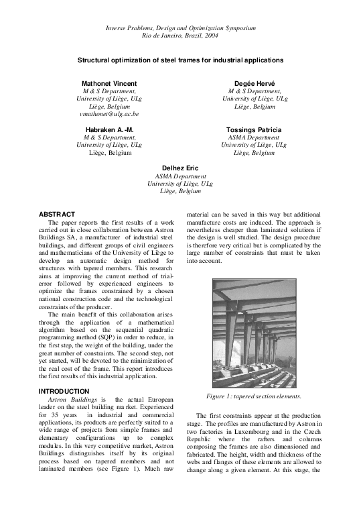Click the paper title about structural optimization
181,60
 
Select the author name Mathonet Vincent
109,82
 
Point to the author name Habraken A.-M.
109,129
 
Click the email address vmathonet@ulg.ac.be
109,115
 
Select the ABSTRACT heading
58,214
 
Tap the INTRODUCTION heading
64,391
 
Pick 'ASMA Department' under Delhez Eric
180,176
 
